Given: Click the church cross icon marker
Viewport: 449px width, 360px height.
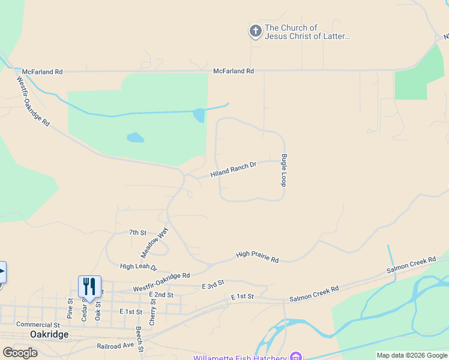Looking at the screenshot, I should click(x=256, y=32).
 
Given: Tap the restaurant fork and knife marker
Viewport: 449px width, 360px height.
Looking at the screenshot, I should click(x=89, y=286).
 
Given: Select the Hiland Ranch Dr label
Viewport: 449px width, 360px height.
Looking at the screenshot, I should click(x=234, y=169).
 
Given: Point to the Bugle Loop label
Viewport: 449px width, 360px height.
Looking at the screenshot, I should click(x=283, y=170).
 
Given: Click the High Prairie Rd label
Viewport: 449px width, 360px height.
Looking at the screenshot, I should click(x=258, y=257).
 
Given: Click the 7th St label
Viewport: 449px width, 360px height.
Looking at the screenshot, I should click(x=137, y=232).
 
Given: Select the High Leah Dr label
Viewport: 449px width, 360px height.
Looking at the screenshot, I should click(x=138, y=267).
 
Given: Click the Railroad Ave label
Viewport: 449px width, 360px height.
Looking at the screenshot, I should click(x=116, y=346).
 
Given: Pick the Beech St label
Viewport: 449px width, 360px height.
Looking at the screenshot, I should click(x=139, y=339).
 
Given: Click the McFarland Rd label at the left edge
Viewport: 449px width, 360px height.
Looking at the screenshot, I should click(x=41, y=72).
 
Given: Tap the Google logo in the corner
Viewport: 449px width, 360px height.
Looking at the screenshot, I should click(x=20, y=353).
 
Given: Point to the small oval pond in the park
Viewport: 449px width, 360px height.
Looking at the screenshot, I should click(x=135, y=137).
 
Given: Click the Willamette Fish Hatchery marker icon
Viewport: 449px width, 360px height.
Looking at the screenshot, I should click(x=295, y=357).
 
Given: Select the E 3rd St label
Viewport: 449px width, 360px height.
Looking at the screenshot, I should click(x=213, y=283).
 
